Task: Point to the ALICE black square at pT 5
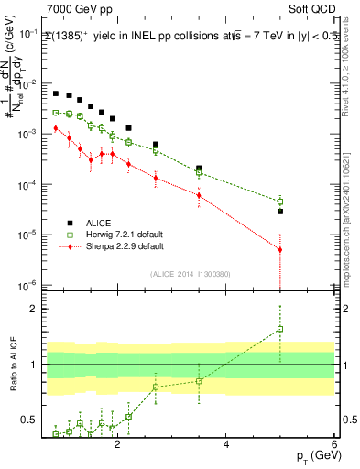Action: pyautogui.click(x=280, y=212)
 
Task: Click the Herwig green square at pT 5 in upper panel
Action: pyautogui.click(x=280, y=202)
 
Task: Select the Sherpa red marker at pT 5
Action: pyautogui.click(x=280, y=249)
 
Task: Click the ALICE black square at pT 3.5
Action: pyautogui.click(x=199, y=169)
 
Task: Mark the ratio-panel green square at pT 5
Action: pyautogui.click(x=280, y=329)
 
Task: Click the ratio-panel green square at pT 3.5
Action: pyautogui.click(x=199, y=381)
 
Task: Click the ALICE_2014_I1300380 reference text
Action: pyautogui.click(x=190, y=274)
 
